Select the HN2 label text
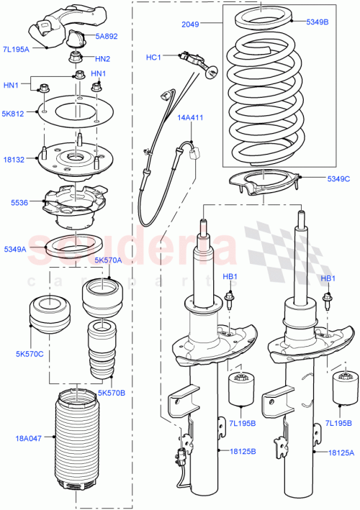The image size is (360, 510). tap(102, 58)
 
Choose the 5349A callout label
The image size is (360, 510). tap(15, 249)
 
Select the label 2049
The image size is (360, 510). tap(190, 24)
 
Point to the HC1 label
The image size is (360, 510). tap(154, 56)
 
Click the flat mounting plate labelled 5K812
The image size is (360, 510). tap(71, 112)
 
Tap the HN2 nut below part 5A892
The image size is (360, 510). tap(76, 58)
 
